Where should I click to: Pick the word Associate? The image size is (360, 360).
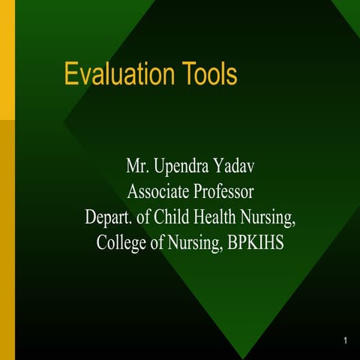click(157, 192)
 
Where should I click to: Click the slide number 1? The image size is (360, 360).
click(344, 342)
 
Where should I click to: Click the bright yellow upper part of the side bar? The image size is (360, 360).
click(7, 60)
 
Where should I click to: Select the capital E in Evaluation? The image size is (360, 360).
click(70, 75)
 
